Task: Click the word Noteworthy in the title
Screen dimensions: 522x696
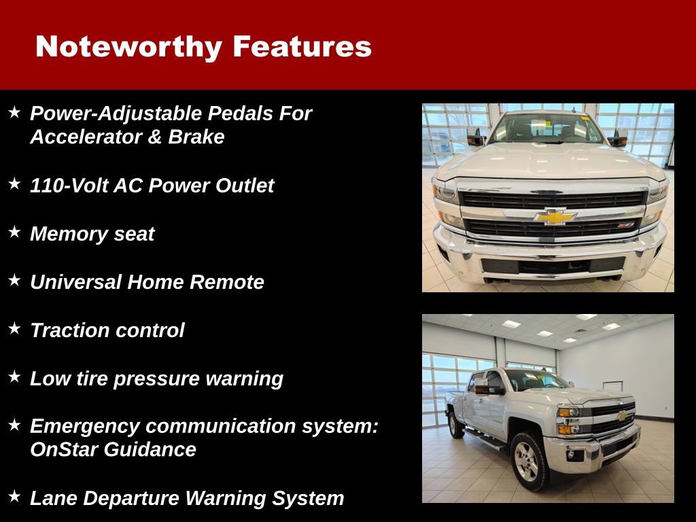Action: point(128,46)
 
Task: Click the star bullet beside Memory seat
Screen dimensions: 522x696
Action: point(14,232)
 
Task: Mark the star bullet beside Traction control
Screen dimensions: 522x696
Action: point(14,329)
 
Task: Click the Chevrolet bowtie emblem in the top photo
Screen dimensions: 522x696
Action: point(555,217)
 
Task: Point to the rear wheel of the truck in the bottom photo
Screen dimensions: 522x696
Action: point(456,424)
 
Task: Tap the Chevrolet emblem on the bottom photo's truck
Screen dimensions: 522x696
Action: point(622,416)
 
